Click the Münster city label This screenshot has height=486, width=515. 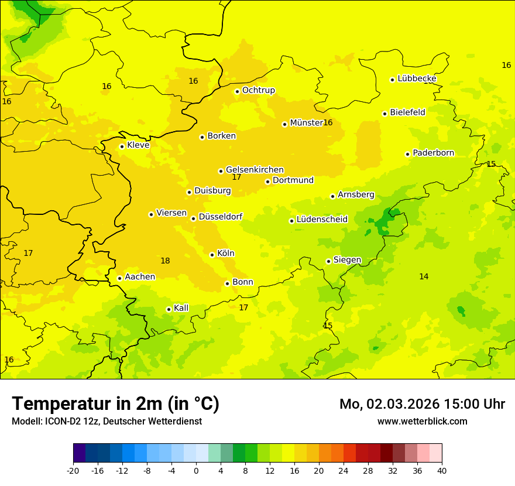pyautogui.click(x=306, y=123)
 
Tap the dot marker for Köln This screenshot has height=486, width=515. pyautogui.click(x=212, y=255)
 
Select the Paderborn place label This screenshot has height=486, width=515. pyautogui.click(x=433, y=153)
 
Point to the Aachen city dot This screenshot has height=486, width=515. pyautogui.click(x=119, y=278)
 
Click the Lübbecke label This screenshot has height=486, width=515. pyautogui.click(x=417, y=78)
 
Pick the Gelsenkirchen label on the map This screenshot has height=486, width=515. pyautogui.click(x=255, y=170)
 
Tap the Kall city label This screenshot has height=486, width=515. pyautogui.click(x=181, y=308)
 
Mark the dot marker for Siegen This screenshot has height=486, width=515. pyautogui.click(x=328, y=262)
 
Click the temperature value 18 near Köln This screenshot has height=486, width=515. pyautogui.click(x=165, y=261)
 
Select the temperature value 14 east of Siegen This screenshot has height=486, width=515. pyautogui.click(x=424, y=276)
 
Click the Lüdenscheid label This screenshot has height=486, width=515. pyautogui.click(x=322, y=220)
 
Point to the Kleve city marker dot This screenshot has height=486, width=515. pyautogui.click(x=122, y=146)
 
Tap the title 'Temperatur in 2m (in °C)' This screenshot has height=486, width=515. pyautogui.click(x=115, y=403)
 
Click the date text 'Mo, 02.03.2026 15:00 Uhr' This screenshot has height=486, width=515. pyautogui.click(x=422, y=404)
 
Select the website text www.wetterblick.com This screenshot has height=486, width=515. pyautogui.click(x=422, y=421)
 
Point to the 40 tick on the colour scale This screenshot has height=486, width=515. pyautogui.click(x=442, y=470)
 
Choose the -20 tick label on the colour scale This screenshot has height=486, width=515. pyautogui.click(x=73, y=470)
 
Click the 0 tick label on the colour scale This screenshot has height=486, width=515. pyautogui.click(x=196, y=470)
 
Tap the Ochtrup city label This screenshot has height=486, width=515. pyautogui.click(x=258, y=90)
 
